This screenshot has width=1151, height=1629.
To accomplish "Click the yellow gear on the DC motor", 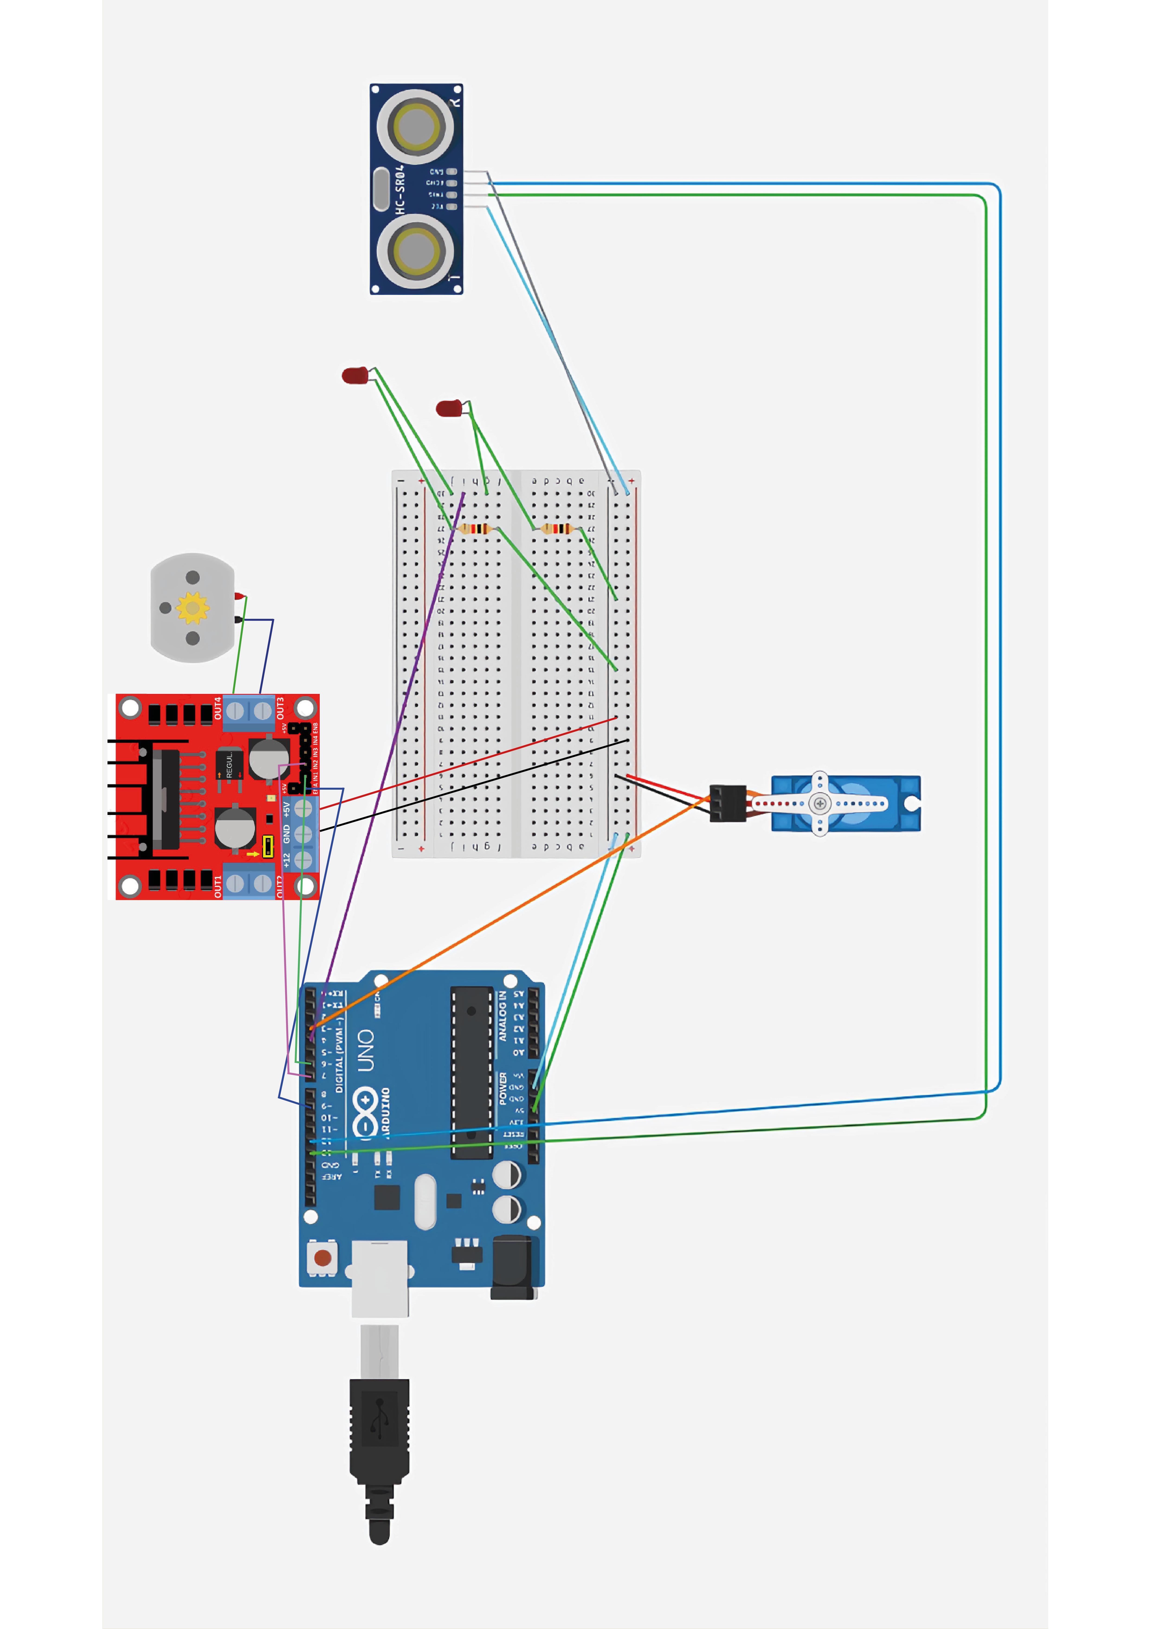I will pyautogui.click(x=192, y=607).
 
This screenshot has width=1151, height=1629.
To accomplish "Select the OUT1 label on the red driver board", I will pyautogui.click(x=218, y=886).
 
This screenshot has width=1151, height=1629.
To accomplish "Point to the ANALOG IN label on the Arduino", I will pyautogui.click(x=503, y=1016).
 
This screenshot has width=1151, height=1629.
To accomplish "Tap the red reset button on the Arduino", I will pyautogui.click(x=323, y=1258).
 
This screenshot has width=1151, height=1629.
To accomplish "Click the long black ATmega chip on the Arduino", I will pyautogui.click(x=472, y=1071).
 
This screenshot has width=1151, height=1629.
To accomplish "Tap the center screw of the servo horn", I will pyautogui.click(x=820, y=803).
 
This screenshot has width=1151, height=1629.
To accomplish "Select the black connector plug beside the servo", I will pyautogui.click(x=728, y=803).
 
